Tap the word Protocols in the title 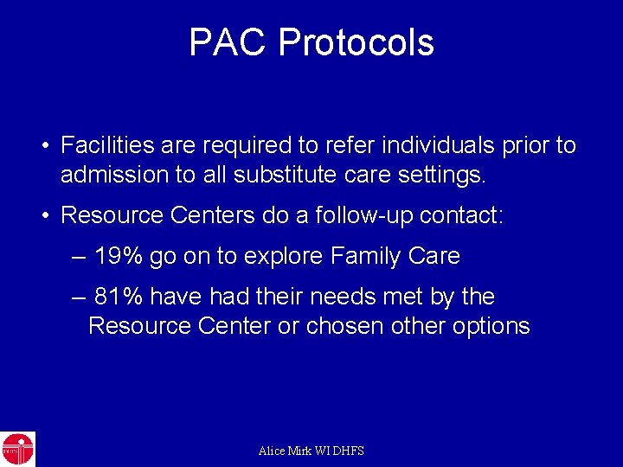pyautogui.click(x=356, y=42)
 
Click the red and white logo pyautogui.click(x=17, y=449)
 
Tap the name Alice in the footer pyautogui.click(x=273, y=451)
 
